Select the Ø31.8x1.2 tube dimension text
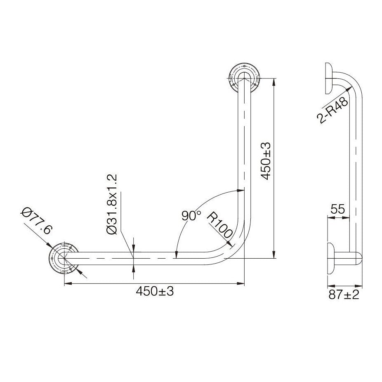(x=112, y=204)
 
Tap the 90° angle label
(x=191, y=215)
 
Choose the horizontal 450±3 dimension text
(x=155, y=291)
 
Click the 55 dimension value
(x=337, y=210)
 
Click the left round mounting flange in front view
(x=64, y=258)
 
